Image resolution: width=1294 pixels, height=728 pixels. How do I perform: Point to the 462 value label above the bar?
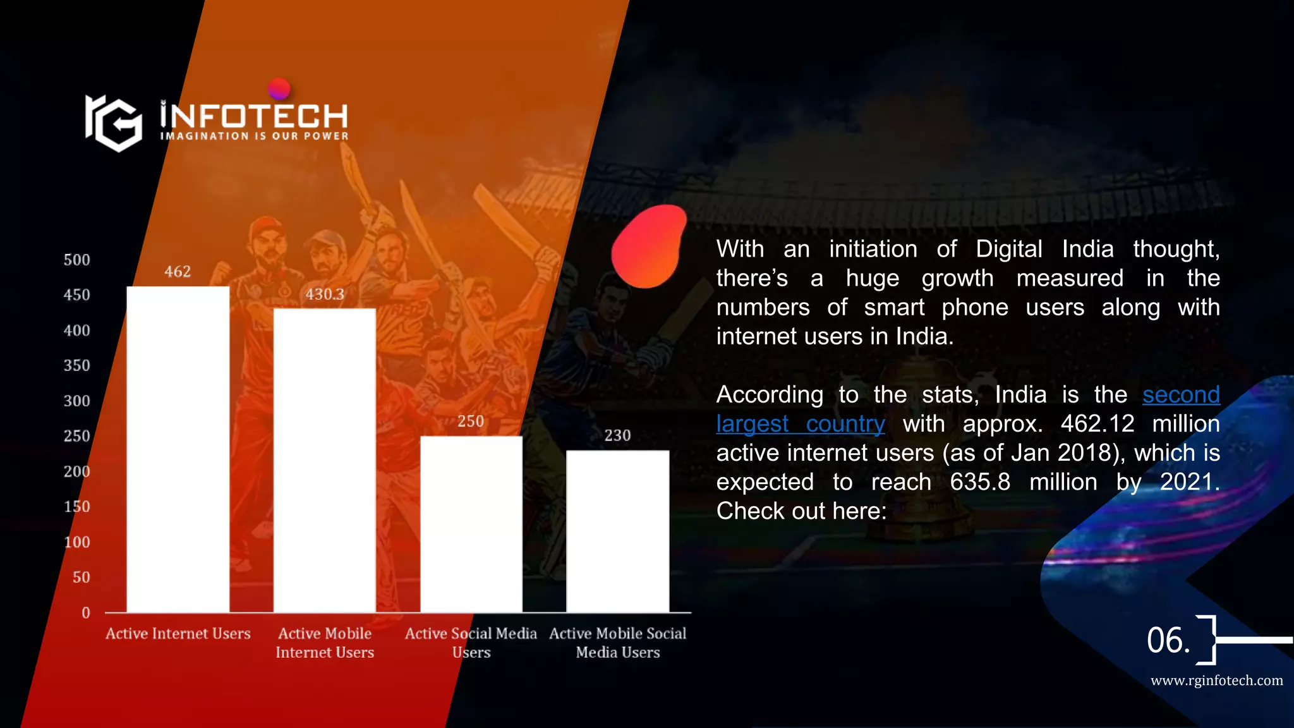[178, 272]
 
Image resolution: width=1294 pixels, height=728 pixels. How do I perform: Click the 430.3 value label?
[325, 294]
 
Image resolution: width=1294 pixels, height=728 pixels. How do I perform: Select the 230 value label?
[617, 435]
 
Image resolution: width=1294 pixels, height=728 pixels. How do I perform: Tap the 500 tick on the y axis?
[77, 260]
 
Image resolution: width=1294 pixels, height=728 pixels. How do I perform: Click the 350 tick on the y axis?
[77, 365]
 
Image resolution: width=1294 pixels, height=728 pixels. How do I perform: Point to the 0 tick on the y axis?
[86, 612]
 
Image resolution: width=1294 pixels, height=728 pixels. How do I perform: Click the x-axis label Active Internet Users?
[178, 633]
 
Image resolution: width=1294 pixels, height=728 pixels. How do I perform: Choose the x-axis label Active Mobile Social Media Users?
[618, 643]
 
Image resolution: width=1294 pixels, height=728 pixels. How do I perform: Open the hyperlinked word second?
[1181, 395]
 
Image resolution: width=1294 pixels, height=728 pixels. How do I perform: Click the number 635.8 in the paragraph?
[980, 482]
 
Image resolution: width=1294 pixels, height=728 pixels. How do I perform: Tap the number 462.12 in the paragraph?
[1097, 424]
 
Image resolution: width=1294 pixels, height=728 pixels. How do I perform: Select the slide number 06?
[1168, 640]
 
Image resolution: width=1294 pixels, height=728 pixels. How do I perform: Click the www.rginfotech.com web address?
[1216, 681]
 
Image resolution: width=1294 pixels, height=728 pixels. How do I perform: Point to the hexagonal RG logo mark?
[114, 123]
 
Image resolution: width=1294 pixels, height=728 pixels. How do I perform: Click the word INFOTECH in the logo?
[253, 116]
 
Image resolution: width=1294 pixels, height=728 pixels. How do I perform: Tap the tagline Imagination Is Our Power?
[254, 136]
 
